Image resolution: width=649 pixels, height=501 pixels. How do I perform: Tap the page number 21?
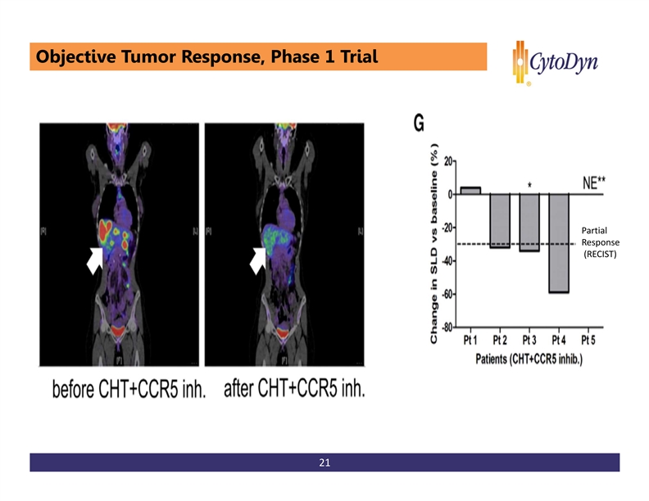(324, 464)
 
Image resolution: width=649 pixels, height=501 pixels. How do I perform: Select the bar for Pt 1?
(470, 190)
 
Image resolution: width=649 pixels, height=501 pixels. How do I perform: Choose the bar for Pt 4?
(559, 243)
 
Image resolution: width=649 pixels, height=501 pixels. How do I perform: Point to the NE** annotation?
(599, 183)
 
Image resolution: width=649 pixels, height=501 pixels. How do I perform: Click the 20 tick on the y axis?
(450, 161)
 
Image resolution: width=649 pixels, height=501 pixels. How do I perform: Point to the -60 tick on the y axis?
(447, 294)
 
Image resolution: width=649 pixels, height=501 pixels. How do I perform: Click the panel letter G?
(419, 124)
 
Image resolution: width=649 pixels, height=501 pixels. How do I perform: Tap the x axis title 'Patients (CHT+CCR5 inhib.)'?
(529, 359)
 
